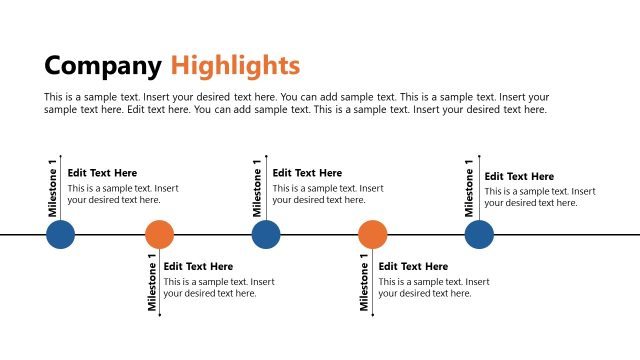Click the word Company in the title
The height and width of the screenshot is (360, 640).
(x=102, y=66)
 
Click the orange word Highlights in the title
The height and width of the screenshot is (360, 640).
(x=235, y=66)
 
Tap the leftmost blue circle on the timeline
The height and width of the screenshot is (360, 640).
(x=61, y=235)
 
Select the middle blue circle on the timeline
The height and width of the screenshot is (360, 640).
(x=266, y=235)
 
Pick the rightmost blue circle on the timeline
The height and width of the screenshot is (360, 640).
(x=479, y=235)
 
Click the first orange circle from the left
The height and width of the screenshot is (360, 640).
(x=159, y=235)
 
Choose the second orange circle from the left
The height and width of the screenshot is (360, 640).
(x=372, y=235)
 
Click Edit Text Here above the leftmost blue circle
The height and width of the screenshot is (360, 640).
(x=102, y=173)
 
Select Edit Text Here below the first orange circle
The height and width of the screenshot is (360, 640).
(x=198, y=267)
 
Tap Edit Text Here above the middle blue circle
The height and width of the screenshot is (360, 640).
(x=307, y=173)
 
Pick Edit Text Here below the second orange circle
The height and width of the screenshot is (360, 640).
(x=413, y=267)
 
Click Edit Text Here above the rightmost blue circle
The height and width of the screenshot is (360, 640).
(x=519, y=177)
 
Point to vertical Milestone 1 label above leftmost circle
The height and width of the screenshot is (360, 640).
(x=53, y=188)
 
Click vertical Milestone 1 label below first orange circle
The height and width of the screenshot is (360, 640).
(x=153, y=284)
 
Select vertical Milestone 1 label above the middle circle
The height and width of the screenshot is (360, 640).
(x=257, y=188)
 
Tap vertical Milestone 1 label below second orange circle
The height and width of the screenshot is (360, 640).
(x=366, y=284)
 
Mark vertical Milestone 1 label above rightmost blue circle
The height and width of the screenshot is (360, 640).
(x=470, y=188)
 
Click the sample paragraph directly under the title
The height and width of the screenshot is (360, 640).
(x=296, y=103)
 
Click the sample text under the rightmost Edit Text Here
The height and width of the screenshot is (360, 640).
(x=540, y=197)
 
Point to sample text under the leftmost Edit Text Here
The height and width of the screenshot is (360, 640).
(x=123, y=194)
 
